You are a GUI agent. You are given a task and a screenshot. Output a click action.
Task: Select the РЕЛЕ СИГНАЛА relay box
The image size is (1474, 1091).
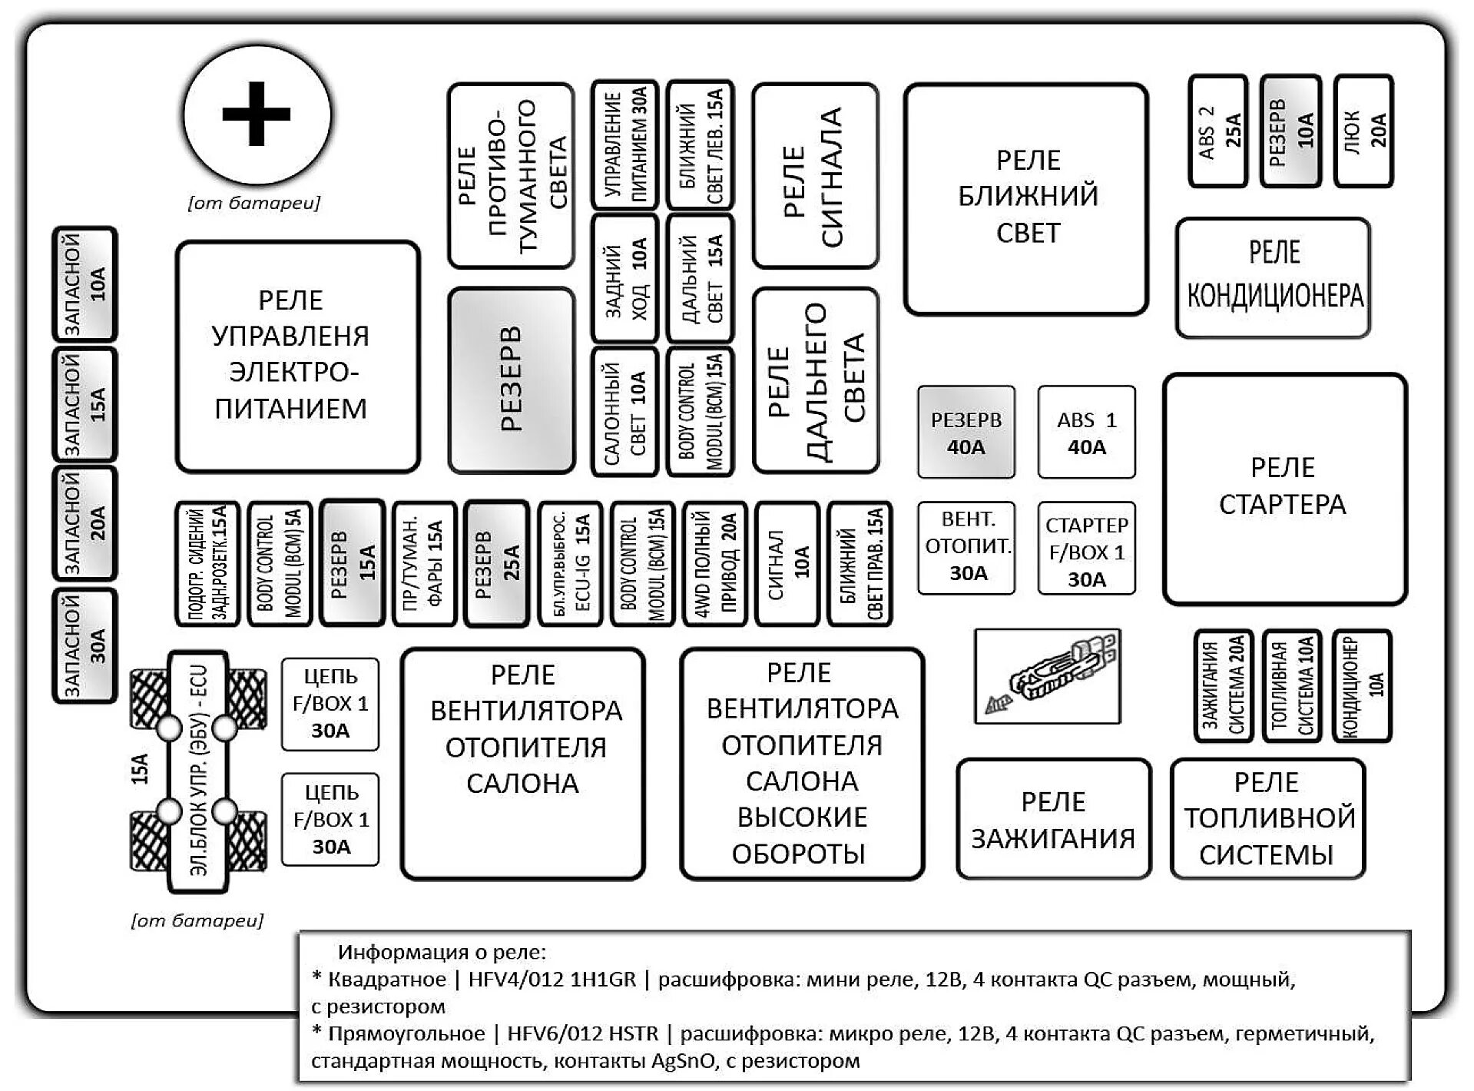(x=815, y=175)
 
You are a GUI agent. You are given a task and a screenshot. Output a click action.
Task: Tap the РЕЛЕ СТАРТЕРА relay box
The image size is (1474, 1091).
(x=1284, y=489)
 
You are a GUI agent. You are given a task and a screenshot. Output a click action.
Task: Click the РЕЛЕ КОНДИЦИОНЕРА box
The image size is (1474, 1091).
(x=1273, y=277)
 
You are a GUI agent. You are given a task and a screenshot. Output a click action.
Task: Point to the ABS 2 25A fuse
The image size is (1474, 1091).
(x=1217, y=131)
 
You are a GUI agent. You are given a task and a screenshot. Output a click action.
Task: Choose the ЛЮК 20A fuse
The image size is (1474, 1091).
(x=1363, y=131)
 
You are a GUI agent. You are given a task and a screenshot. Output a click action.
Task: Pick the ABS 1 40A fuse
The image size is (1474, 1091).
(x=1086, y=433)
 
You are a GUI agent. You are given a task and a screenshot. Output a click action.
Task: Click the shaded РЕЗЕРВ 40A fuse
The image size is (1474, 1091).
(x=966, y=433)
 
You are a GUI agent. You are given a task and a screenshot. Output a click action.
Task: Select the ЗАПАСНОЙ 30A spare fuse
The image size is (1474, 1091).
(x=84, y=645)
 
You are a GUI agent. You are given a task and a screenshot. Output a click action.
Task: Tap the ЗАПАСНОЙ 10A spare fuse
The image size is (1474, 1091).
(x=84, y=284)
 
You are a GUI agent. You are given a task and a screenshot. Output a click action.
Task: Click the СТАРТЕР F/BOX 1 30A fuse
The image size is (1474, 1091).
(x=1086, y=549)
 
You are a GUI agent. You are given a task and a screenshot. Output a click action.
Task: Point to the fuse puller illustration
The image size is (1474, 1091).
(x=1047, y=676)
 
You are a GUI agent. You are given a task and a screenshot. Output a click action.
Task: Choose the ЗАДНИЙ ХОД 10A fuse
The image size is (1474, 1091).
(x=624, y=278)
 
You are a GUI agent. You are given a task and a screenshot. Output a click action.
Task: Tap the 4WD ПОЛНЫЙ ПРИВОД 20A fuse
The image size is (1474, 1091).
(x=714, y=563)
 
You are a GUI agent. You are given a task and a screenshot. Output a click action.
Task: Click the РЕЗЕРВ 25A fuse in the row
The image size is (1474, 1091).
(x=497, y=563)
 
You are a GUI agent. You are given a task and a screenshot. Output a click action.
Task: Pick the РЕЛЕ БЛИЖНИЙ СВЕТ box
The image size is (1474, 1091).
(x=1026, y=198)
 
